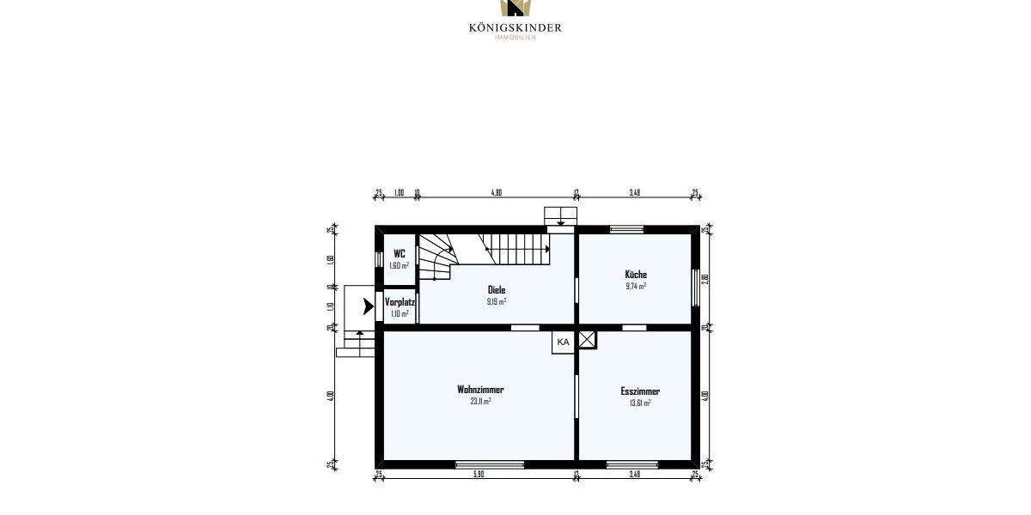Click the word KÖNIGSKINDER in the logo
pos(515,27)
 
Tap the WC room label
pos(399,253)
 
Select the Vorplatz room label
pos(400,302)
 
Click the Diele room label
pos(497,290)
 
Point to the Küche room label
pos(636,275)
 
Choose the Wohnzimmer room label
pos(480,390)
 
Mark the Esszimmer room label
pos(640,391)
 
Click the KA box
pos(563,342)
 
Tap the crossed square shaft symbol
pos(587,340)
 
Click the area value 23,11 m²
pos(480,401)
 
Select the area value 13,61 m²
pos(640,402)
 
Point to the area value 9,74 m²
pos(636,286)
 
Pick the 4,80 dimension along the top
pos(496,193)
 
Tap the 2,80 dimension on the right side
pos(705,277)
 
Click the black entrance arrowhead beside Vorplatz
pos(369,305)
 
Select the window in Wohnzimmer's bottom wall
pos(490,464)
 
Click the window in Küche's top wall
pos(626,229)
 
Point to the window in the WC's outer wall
pos(379,257)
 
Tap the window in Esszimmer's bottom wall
pos(632,464)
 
